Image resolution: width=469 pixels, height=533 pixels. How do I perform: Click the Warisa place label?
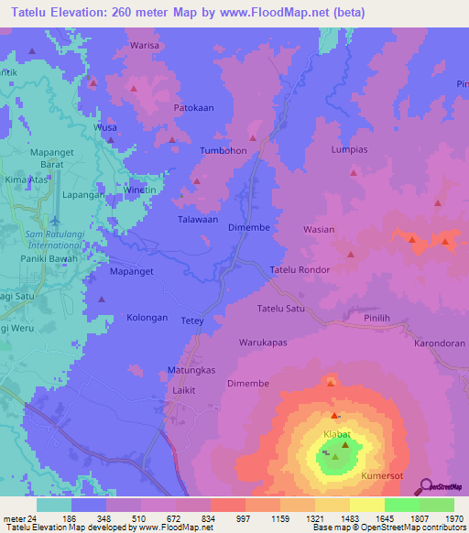[145, 45]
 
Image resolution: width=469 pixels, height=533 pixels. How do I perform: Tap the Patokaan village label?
[193, 107]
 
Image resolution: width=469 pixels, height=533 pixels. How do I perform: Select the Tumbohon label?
[224, 150]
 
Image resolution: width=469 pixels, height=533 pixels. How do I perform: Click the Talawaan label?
[197, 220]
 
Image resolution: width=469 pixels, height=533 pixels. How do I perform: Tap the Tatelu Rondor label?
[299, 270]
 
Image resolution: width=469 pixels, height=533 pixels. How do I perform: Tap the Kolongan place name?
[147, 317]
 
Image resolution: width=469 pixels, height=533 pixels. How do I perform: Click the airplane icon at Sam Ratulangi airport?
[55, 222]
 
